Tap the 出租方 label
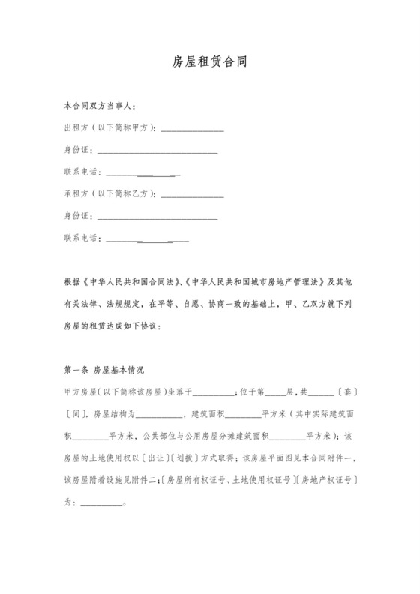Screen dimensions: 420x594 [x=76, y=130]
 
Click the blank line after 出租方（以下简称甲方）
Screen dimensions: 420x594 [x=192, y=130]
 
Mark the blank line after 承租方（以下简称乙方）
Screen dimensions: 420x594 [x=192, y=196]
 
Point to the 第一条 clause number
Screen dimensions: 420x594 [x=77, y=370]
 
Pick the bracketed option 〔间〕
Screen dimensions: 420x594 [x=76, y=413]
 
